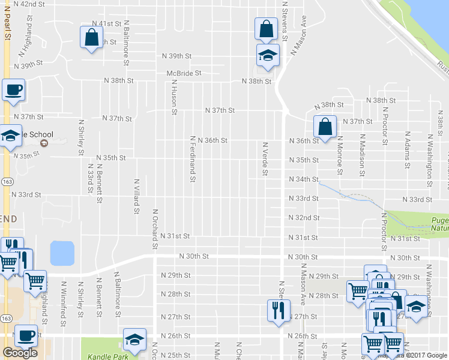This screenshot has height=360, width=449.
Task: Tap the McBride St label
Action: tap(184, 73)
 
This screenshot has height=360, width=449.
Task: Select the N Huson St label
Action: tap(173, 97)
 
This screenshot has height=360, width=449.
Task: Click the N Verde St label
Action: tap(264, 159)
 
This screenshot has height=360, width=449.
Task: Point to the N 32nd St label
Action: tap(303, 218)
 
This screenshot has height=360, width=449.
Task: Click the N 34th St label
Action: tap(303, 179)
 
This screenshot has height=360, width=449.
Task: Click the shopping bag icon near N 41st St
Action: tap(92, 38)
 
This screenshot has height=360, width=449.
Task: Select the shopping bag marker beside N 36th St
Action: tap(325, 127)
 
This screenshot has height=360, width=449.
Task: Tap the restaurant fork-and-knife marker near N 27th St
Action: tap(278, 311)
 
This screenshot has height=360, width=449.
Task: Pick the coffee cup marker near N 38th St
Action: tap(14, 91)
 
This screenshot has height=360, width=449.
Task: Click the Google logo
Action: tap(20, 353)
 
